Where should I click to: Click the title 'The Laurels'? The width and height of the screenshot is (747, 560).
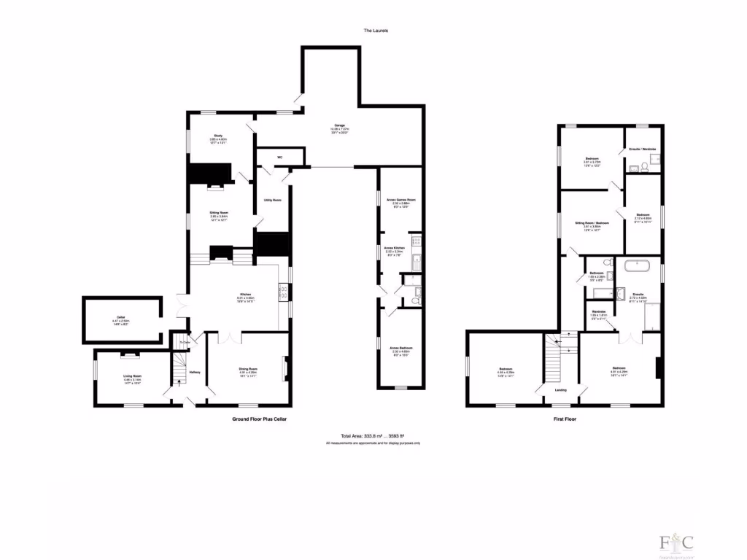(376, 31)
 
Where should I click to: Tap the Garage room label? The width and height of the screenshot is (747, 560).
(340, 125)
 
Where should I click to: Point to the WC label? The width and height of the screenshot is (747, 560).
(279, 157)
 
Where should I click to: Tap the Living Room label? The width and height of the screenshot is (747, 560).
(132, 376)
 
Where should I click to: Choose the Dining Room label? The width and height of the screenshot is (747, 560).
(249, 369)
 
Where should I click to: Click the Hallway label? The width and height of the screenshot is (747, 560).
(195, 372)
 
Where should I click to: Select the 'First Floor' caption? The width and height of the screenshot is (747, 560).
(565, 421)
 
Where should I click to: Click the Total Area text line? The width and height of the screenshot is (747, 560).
(373, 436)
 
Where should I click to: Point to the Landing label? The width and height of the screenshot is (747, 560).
(561, 390)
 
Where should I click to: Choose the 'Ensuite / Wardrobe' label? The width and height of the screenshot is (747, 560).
(643, 149)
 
